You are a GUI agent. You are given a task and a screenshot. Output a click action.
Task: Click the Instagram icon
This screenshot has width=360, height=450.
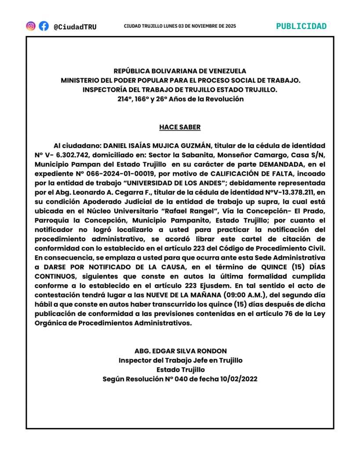click(x=31, y=26)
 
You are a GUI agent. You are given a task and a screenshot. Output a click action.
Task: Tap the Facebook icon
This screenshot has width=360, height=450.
click(x=44, y=26)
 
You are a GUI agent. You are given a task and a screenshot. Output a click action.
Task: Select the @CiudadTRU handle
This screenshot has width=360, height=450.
click(x=75, y=26)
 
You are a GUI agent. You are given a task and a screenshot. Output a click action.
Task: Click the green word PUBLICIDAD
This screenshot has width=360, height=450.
click(x=302, y=26)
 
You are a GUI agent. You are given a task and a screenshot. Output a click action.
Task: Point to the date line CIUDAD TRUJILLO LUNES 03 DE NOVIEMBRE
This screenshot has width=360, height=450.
click(x=180, y=26)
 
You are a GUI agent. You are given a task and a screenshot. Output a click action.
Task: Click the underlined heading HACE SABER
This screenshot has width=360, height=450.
click(x=180, y=127)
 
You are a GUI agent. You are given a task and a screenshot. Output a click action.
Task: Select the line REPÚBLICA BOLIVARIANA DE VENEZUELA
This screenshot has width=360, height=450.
click(x=180, y=71)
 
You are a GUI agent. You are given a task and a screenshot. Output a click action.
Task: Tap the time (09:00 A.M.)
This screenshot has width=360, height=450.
click(x=229, y=295)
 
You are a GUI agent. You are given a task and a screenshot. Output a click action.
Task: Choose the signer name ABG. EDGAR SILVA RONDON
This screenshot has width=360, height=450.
click(x=180, y=351)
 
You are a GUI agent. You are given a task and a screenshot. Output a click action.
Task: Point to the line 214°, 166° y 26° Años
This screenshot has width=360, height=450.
click(x=180, y=99)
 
